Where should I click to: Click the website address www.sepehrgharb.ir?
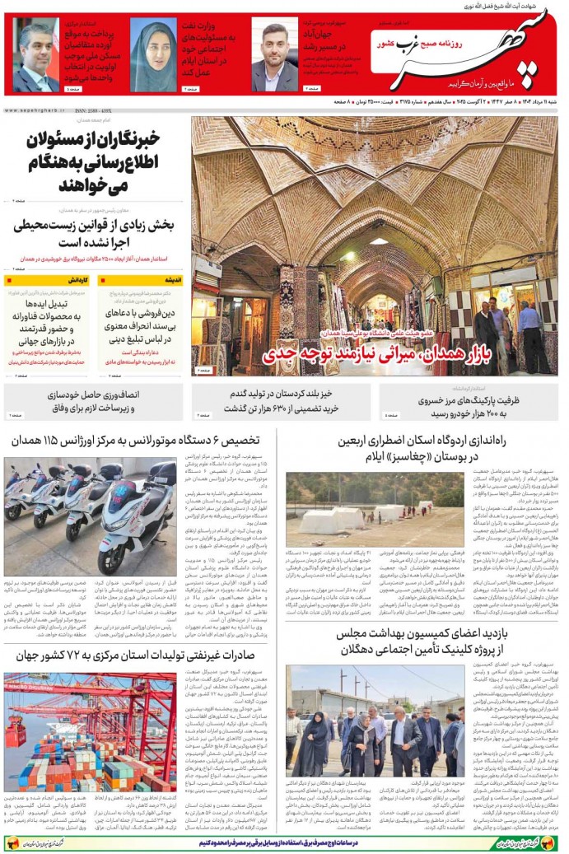33,110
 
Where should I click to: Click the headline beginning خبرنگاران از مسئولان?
94,160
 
